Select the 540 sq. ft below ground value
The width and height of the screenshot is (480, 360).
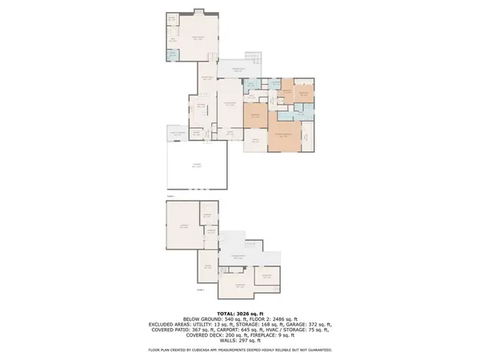click(x=217, y=318)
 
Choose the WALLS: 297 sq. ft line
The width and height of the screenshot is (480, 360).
click(x=239, y=340)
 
